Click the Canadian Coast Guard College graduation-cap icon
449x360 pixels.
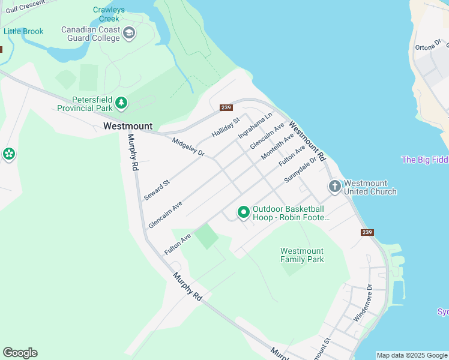coord(129,34)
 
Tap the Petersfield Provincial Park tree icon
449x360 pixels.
coord(122,103)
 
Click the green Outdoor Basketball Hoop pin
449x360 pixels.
coord(244,212)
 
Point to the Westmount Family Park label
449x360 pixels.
coord(302,255)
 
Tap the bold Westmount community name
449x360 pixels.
coord(128,126)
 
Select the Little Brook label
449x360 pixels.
coord(23,31)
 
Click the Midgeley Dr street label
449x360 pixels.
coord(188,148)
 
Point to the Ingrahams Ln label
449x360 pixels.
coord(255,125)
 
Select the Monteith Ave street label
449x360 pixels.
coord(277,146)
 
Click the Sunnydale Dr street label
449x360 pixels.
coord(300,170)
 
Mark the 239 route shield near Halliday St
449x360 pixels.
coord(226,107)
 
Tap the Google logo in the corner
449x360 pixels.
coord(20,353)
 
